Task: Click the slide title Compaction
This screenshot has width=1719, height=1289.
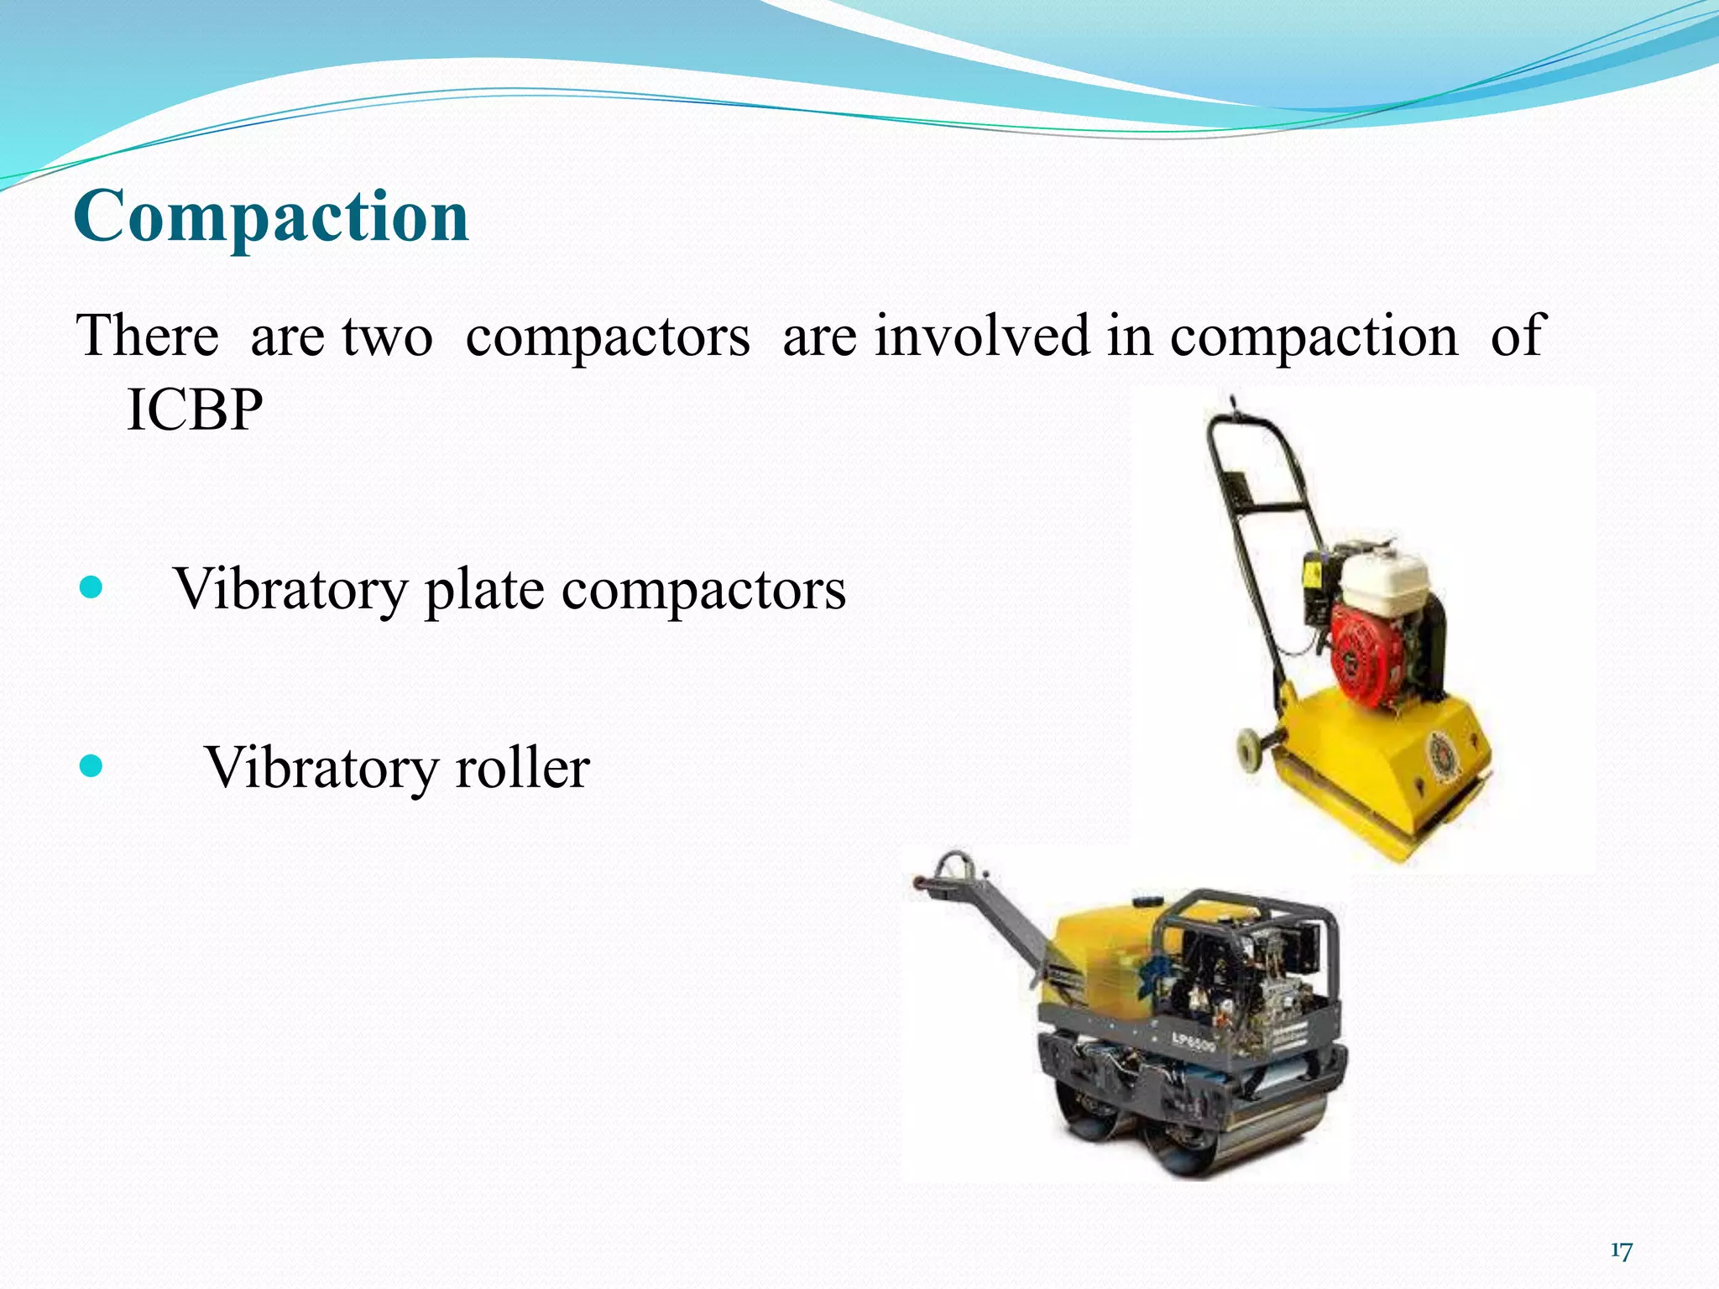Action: [270, 217]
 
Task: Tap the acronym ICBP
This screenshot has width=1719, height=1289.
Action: [195, 410]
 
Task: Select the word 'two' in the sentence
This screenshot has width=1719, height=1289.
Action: [388, 336]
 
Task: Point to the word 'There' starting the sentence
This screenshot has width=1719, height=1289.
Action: [148, 336]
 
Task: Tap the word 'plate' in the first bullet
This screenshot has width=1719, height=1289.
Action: [484, 589]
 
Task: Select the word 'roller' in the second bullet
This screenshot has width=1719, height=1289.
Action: [522, 767]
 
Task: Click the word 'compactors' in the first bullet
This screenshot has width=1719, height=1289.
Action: [703, 591]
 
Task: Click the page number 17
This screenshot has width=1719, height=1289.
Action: [1621, 1251]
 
